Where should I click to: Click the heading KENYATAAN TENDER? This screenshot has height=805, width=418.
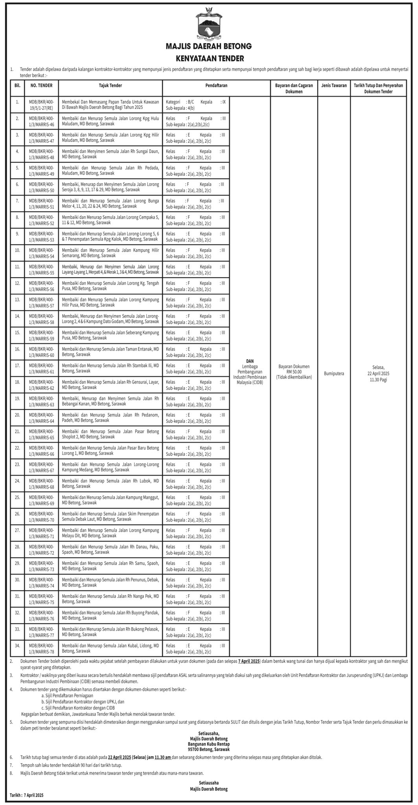[x=209, y=59]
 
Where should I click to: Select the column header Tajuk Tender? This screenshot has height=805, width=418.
[x=110, y=85]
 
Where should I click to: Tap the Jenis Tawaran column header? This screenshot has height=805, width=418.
[x=334, y=85]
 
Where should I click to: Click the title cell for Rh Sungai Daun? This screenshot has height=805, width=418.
[x=110, y=154]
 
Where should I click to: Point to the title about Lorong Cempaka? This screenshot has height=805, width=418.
[x=110, y=220]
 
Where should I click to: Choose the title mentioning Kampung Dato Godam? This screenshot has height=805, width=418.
[x=110, y=319]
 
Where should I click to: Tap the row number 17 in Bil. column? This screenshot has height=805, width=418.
[x=17, y=366]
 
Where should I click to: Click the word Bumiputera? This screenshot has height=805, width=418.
[x=334, y=373]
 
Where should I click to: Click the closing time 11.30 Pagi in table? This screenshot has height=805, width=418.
[x=378, y=380]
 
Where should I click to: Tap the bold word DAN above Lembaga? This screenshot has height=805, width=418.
[x=250, y=361]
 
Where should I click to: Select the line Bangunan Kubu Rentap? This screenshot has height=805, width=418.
[x=209, y=744]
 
